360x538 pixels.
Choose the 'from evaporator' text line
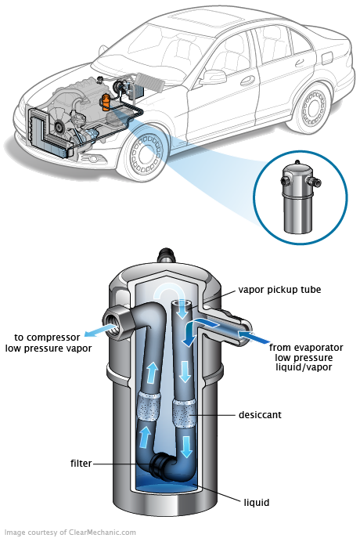pos(305,347)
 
